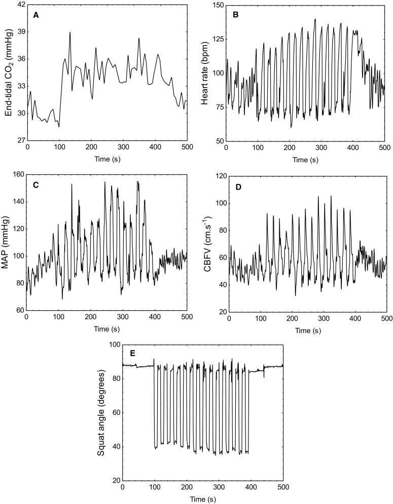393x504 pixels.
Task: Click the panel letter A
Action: (36, 15)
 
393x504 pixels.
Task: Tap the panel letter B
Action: (236, 15)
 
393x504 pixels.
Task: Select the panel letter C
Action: (36, 186)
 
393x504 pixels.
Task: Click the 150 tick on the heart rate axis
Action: (216, 5)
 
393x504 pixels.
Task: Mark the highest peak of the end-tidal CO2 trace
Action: (70, 32)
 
